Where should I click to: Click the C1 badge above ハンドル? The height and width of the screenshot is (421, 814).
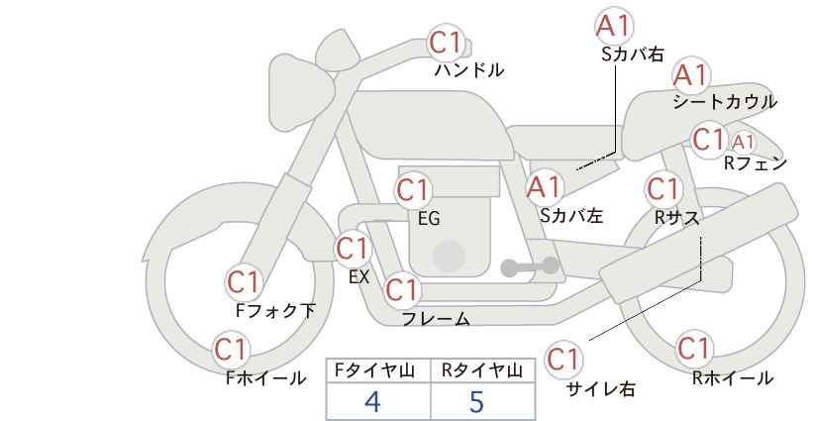(446, 43)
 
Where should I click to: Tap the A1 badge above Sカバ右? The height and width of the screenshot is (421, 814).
(614, 26)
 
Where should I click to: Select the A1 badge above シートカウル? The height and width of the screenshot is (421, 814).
(691, 75)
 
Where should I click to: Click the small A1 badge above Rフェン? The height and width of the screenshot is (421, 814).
(743, 142)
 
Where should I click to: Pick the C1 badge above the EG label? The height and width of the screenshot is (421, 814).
(413, 190)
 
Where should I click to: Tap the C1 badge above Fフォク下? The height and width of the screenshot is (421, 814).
(244, 282)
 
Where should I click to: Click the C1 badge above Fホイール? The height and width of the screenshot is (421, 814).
(231, 350)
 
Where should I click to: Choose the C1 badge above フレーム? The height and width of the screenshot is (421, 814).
(402, 289)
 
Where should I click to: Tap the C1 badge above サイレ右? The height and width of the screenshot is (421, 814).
(563, 359)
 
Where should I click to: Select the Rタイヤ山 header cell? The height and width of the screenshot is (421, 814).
(483, 370)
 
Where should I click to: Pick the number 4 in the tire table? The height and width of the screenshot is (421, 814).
(372, 401)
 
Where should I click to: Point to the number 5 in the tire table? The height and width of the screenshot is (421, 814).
(476, 401)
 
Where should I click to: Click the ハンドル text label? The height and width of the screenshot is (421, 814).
(468, 70)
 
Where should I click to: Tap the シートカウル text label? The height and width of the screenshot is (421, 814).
(725, 102)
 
